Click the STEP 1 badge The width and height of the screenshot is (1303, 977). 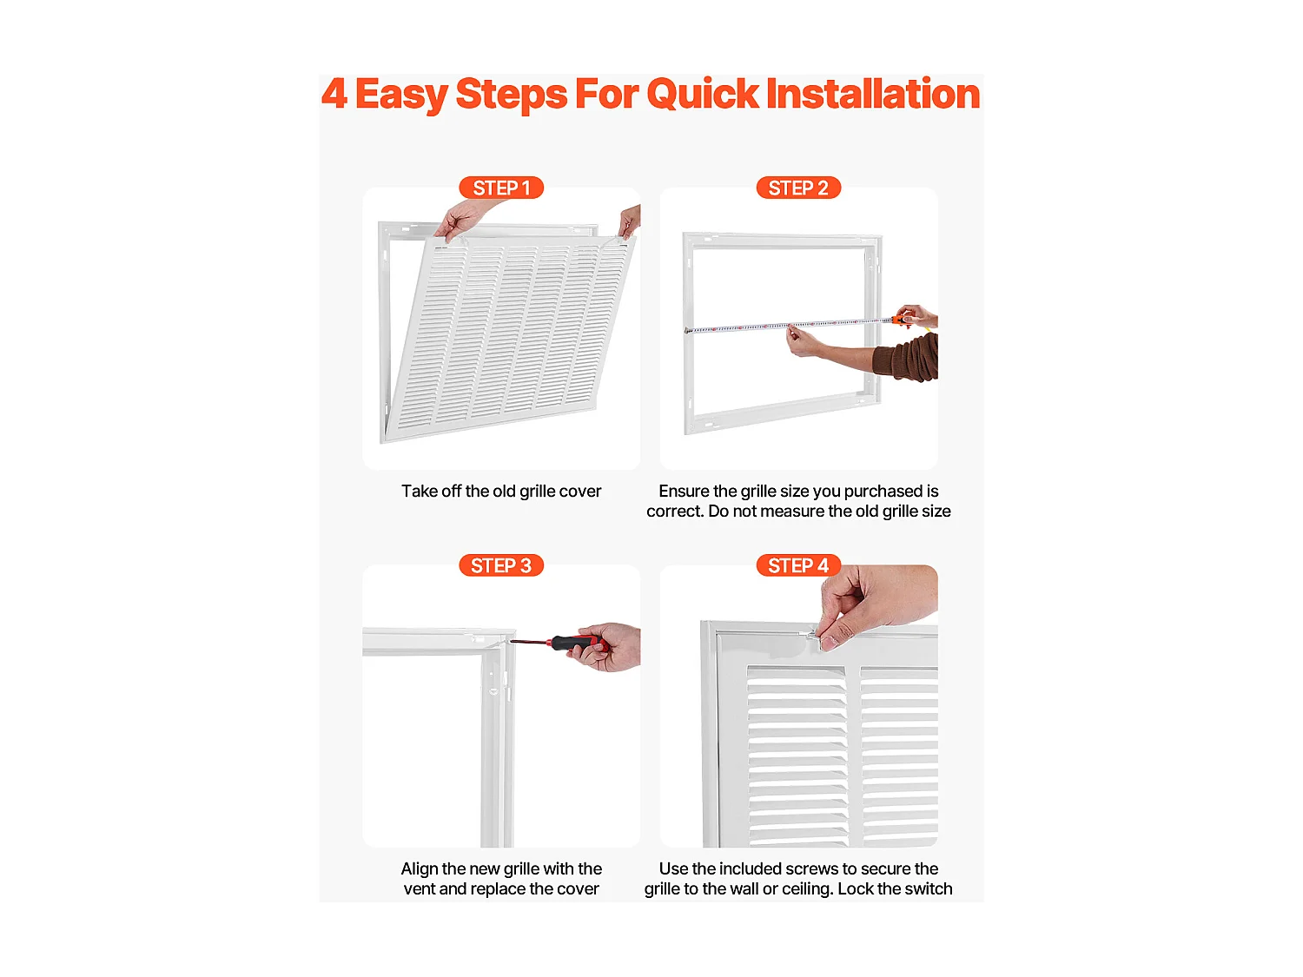tap(501, 188)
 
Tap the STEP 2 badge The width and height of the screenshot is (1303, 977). tap(798, 188)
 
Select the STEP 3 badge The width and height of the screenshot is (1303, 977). tap(501, 565)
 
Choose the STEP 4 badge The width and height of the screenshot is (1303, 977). tap(798, 565)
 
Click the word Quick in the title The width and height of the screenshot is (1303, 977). tap(703, 95)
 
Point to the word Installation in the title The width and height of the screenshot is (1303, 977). tap(873, 94)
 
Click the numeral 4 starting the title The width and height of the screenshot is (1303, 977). tap(334, 94)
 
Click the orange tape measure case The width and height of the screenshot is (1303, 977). tap(902, 320)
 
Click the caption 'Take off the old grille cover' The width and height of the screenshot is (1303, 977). tap(501, 492)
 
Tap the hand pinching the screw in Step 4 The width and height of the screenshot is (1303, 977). tap(873, 606)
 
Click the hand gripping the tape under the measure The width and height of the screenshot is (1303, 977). tap(805, 341)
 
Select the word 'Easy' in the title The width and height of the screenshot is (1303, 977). tap(402, 95)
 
